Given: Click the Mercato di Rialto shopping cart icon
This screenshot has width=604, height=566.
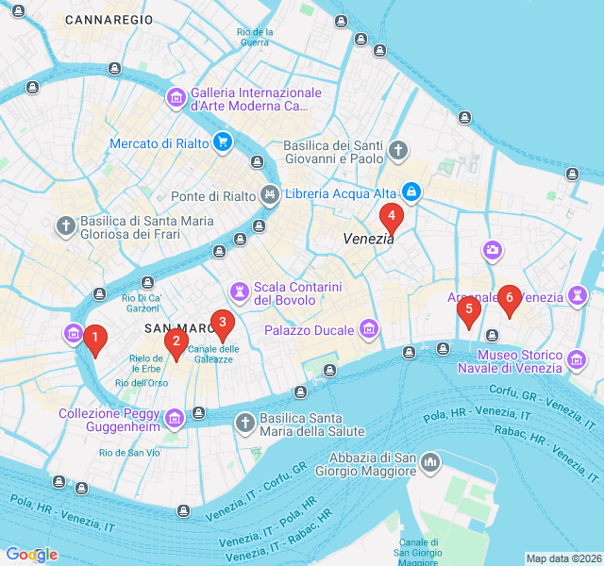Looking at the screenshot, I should (223, 142).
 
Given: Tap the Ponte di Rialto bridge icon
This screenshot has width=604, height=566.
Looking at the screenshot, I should (271, 196).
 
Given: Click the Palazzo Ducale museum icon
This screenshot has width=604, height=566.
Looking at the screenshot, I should (368, 330).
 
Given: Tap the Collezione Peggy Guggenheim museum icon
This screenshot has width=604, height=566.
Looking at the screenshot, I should (175, 418).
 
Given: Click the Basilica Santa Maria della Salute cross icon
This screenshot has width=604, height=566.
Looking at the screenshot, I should (245, 423).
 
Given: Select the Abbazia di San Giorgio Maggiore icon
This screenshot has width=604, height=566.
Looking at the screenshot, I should (430, 462).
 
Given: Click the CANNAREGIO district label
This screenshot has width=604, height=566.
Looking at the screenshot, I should (109, 19).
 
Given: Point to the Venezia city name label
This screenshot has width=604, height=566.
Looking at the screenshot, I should (368, 239).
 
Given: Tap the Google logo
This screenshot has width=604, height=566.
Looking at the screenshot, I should (31, 555).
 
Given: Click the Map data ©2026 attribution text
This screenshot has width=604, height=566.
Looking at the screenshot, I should (563, 558).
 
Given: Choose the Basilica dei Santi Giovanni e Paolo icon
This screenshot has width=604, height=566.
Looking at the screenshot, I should (398, 150).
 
